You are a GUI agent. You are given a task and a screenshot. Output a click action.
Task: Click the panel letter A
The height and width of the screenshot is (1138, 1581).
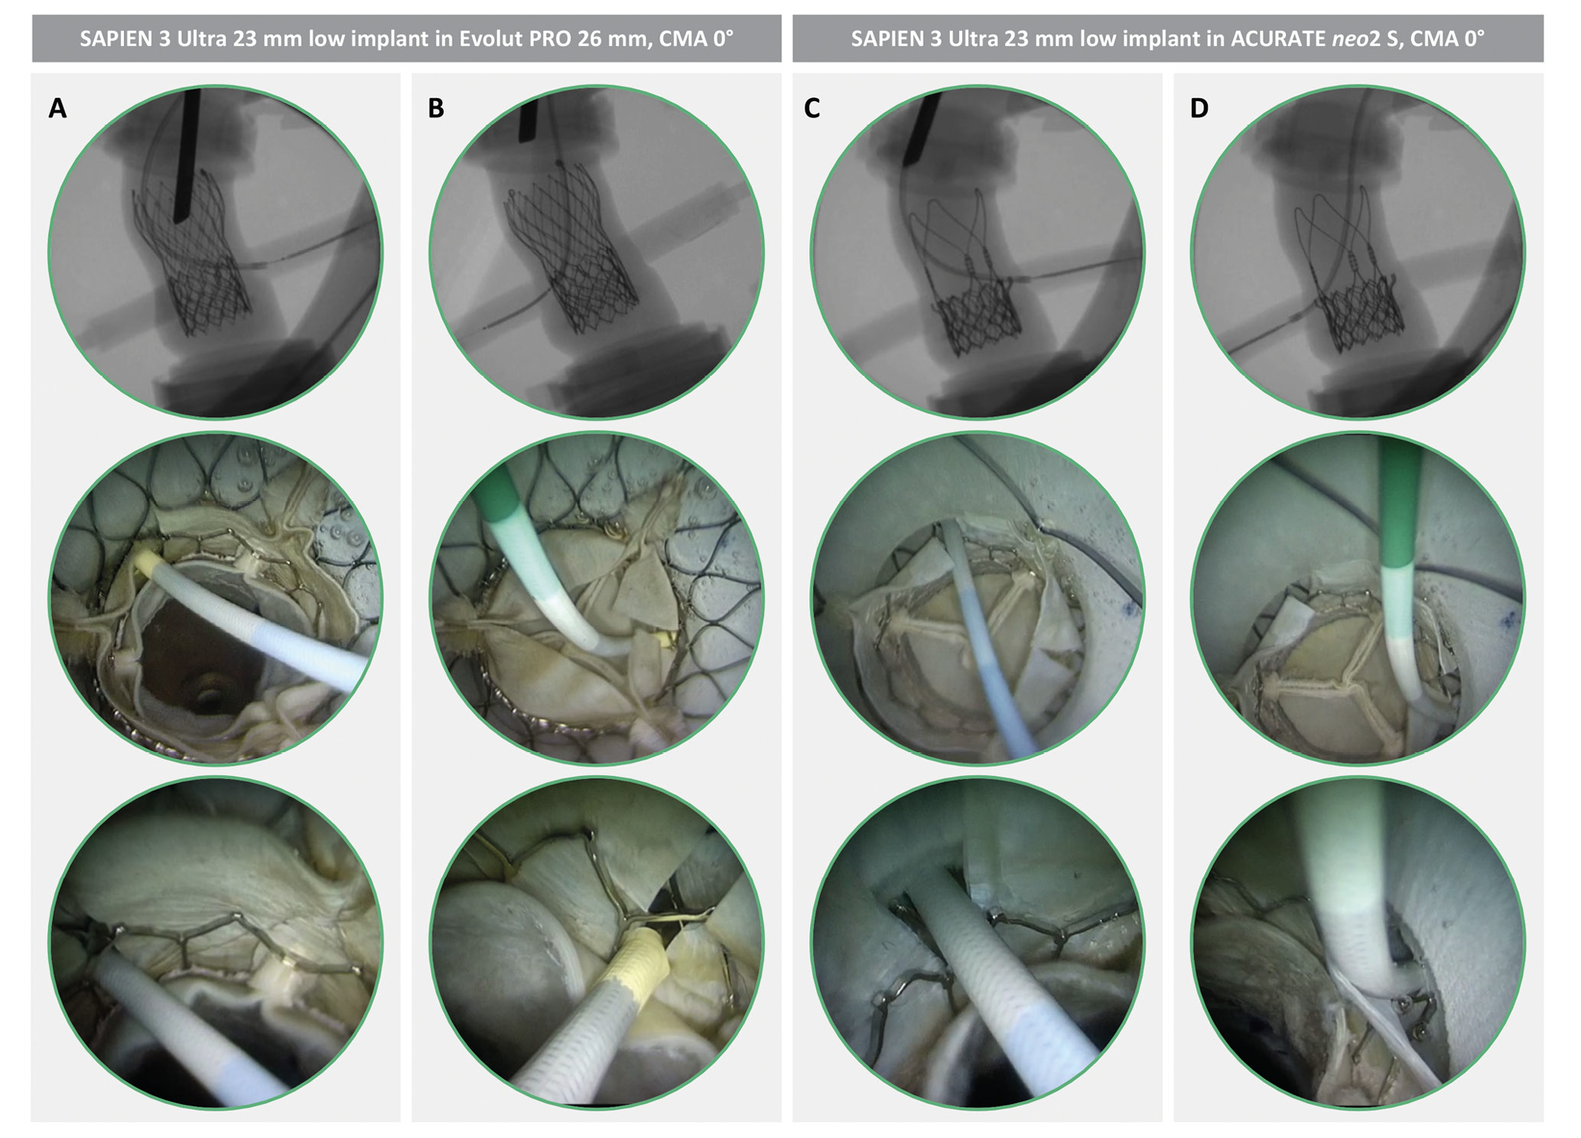[x=57, y=109]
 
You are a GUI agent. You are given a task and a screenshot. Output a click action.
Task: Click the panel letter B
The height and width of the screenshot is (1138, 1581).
[x=436, y=109]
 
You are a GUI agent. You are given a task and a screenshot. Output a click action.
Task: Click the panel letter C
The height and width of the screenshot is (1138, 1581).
[x=812, y=109]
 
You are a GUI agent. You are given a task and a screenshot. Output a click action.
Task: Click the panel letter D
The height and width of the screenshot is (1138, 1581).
[x=1199, y=109]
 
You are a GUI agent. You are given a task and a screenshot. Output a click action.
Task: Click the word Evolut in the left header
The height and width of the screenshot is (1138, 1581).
[x=493, y=38]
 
